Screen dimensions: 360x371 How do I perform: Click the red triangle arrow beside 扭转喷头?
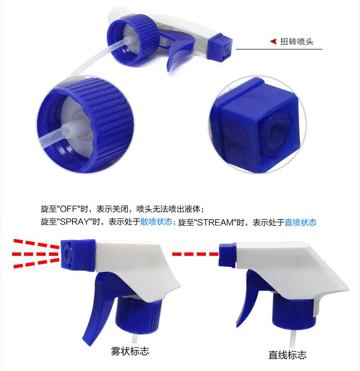274,41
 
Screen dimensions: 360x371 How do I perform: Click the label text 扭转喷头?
297,42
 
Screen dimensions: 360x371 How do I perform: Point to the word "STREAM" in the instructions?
215,222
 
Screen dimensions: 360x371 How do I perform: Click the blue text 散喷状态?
156,222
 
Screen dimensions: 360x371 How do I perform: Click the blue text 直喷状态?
300,222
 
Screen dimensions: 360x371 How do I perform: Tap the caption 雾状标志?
130,351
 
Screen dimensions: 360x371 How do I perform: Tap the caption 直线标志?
288,355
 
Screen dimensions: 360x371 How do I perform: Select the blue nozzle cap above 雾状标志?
78,255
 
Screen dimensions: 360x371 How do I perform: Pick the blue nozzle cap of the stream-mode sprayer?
228,255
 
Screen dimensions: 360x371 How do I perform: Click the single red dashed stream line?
195,254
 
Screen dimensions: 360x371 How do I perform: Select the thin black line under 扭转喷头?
279,49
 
